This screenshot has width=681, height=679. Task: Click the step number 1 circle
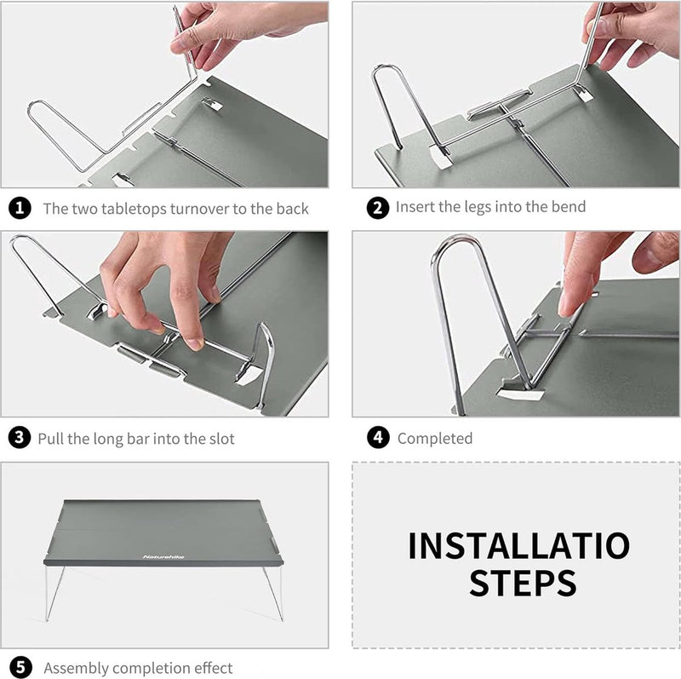tap(20, 208)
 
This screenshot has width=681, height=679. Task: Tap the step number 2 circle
tap(377, 207)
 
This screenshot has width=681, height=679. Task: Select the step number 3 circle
tap(20, 437)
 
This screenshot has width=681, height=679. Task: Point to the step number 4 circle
tap(378, 437)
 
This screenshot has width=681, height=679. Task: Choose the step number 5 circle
tap(20, 667)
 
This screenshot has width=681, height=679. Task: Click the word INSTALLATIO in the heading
tap(519, 545)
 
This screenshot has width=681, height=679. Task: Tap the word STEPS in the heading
tap(523, 583)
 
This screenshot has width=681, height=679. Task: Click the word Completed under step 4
tap(435, 439)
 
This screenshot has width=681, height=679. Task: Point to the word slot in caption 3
tap(222, 439)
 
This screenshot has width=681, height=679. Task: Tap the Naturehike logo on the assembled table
tap(163, 557)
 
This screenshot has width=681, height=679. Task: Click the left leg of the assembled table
tap(54, 593)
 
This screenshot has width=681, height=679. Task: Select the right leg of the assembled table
tap(273, 593)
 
